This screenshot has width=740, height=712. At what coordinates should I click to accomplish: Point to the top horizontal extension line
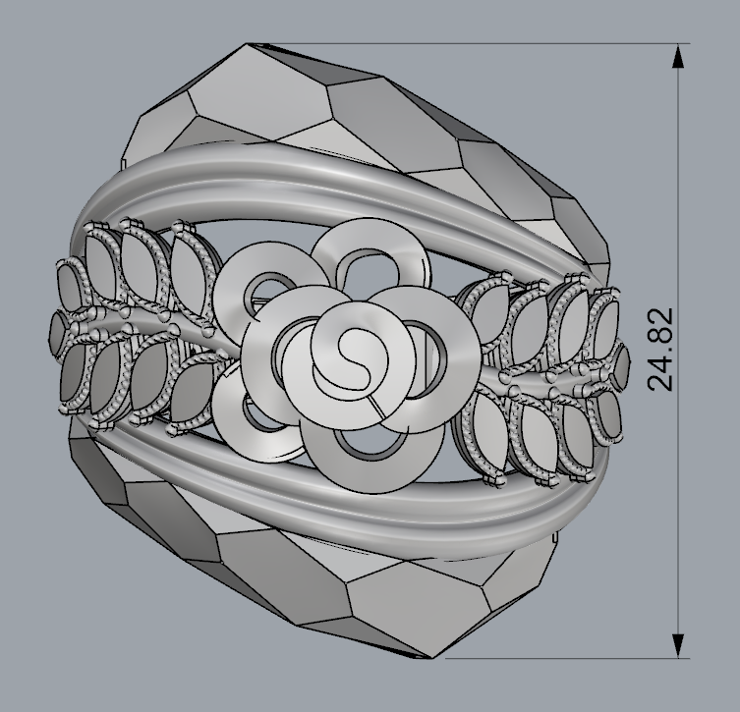472,44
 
